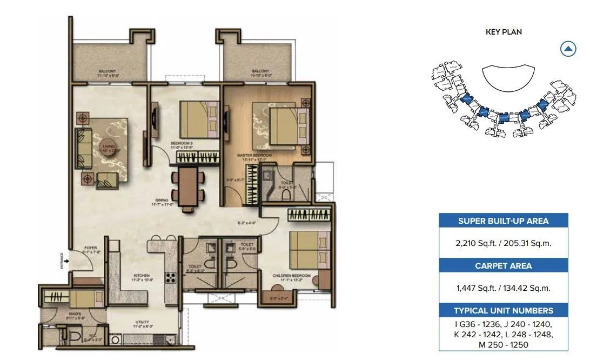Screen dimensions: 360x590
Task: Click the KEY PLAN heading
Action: pyautogui.click(x=504, y=32)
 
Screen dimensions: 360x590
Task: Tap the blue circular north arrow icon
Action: pyautogui.click(x=568, y=49)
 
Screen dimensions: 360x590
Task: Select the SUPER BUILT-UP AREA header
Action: pyautogui.click(x=503, y=221)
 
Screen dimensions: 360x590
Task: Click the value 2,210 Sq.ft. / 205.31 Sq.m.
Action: pyautogui.click(x=503, y=243)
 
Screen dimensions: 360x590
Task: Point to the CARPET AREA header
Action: pyautogui.click(x=503, y=265)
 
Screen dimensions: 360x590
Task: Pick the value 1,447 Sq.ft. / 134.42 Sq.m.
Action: pyautogui.click(x=503, y=288)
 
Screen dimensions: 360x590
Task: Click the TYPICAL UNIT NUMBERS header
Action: pyautogui.click(x=503, y=310)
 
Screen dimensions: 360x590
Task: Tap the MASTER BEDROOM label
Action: pyautogui.click(x=254, y=156)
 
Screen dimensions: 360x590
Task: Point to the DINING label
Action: pyautogui.click(x=159, y=201)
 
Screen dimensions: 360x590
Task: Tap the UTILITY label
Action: pyautogui.click(x=142, y=323)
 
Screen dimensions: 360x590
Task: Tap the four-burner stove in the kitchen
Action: pyautogui.click(x=171, y=279)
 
